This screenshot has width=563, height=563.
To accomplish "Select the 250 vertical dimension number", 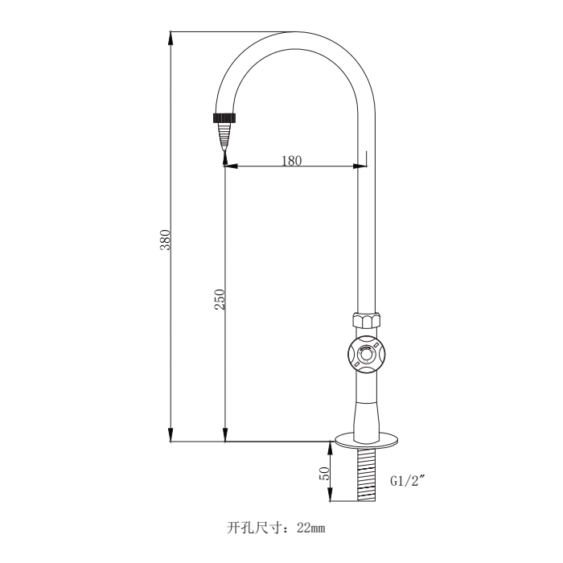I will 219,299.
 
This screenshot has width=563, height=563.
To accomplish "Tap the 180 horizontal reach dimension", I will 291,160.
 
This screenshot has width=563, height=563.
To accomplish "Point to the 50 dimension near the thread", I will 326,474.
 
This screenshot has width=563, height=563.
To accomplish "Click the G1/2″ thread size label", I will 408,481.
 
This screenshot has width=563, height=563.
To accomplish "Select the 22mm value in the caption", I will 311,528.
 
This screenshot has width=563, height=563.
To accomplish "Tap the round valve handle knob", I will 366,354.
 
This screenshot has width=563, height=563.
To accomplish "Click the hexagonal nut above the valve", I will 365,320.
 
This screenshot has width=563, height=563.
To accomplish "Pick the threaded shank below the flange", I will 366,475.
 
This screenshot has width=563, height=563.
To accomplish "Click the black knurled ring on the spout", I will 225,118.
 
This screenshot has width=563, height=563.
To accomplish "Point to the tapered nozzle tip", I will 224,138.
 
